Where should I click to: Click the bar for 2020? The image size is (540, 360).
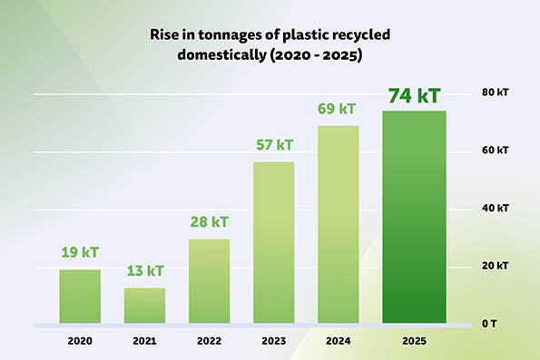pyautogui.click(x=80, y=297)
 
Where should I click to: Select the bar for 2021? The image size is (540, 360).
pyautogui.click(x=144, y=306)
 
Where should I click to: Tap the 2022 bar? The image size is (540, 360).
pyautogui.click(x=209, y=281)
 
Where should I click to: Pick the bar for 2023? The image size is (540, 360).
pyautogui.click(x=274, y=243)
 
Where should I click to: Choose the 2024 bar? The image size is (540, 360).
pyautogui.click(x=339, y=224)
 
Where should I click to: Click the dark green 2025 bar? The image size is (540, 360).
pyautogui.click(x=414, y=217)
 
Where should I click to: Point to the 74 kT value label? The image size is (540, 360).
pyautogui.click(x=415, y=95)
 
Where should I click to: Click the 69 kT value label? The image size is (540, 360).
pyautogui.click(x=337, y=109)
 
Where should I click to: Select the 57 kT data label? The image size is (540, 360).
pyautogui.click(x=274, y=145)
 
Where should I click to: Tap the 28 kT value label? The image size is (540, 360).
pyautogui.click(x=210, y=222)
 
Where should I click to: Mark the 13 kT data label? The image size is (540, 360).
pyautogui.click(x=145, y=271)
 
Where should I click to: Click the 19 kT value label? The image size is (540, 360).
pyautogui.click(x=80, y=252)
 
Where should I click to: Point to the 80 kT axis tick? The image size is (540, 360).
pyautogui.click(x=496, y=92)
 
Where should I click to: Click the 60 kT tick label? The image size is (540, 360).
pyautogui.click(x=496, y=150)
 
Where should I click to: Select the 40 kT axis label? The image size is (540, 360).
pyautogui.click(x=496, y=208)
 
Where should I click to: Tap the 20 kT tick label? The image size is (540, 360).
pyautogui.click(x=496, y=266)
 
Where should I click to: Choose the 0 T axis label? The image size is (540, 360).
pyautogui.click(x=489, y=324)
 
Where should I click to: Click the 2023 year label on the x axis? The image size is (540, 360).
pyautogui.click(x=274, y=341)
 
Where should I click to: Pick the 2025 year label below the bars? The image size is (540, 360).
pyautogui.click(x=414, y=341)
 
